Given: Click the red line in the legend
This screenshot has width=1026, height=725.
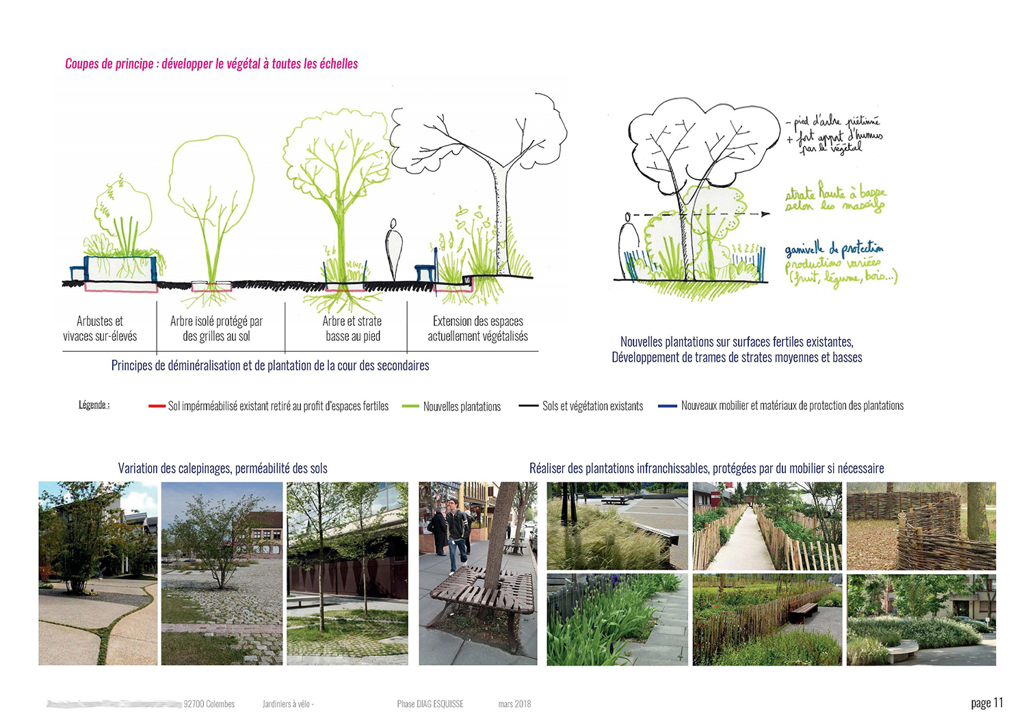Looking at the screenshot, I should pyautogui.click(x=157, y=406).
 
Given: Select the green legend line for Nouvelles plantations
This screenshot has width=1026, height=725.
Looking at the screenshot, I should pyautogui.click(x=410, y=406).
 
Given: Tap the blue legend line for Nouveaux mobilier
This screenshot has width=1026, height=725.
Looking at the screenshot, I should pyautogui.click(x=667, y=406).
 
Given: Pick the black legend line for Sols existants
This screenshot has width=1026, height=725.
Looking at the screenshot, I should pyautogui.click(x=529, y=406).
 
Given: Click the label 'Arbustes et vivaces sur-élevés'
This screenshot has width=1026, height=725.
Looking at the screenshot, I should pyautogui.click(x=100, y=329).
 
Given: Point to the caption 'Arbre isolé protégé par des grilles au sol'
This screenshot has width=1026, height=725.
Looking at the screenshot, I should pyautogui.click(x=216, y=329).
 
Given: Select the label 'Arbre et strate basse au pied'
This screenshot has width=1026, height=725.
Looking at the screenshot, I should pyautogui.click(x=352, y=329).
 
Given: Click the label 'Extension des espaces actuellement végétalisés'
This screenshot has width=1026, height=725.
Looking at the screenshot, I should pyautogui.click(x=477, y=329).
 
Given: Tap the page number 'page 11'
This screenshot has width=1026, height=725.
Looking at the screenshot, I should pyautogui.click(x=986, y=703).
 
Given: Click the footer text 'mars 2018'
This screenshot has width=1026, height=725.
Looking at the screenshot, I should pyautogui.click(x=514, y=704).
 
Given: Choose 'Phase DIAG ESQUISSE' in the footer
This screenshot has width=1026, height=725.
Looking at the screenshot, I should pyautogui.click(x=430, y=704).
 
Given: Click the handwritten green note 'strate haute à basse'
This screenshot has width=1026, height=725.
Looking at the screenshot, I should pyautogui.click(x=834, y=199).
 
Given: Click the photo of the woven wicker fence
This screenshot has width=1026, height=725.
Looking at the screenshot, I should pyautogui.click(x=921, y=526).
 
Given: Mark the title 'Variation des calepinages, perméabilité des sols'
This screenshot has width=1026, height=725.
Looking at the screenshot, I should pyautogui.click(x=222, y=469).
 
